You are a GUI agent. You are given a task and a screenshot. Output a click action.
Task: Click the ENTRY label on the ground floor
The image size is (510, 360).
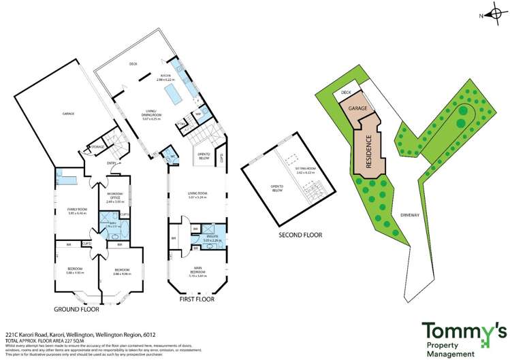[92, 163]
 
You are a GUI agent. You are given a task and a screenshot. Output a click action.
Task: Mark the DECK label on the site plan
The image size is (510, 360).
[346, 92]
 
